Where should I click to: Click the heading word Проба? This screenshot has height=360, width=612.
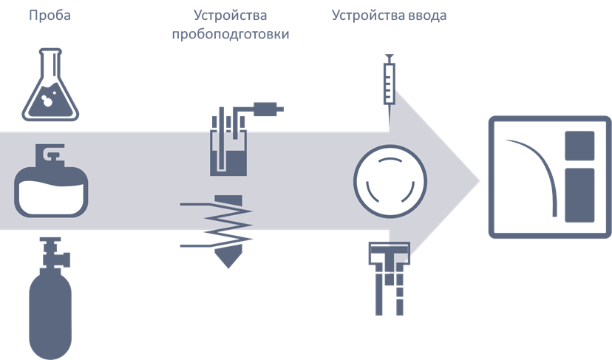50,16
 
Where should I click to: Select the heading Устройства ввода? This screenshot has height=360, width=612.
389,16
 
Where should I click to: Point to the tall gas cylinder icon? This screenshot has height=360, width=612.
51,310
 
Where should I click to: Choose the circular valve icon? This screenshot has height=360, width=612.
390,180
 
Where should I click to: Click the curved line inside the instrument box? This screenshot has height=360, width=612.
540,170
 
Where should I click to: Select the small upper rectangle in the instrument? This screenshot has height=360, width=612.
579,146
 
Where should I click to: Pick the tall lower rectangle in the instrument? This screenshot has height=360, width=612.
579,194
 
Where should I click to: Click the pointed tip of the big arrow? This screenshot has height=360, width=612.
479,180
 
